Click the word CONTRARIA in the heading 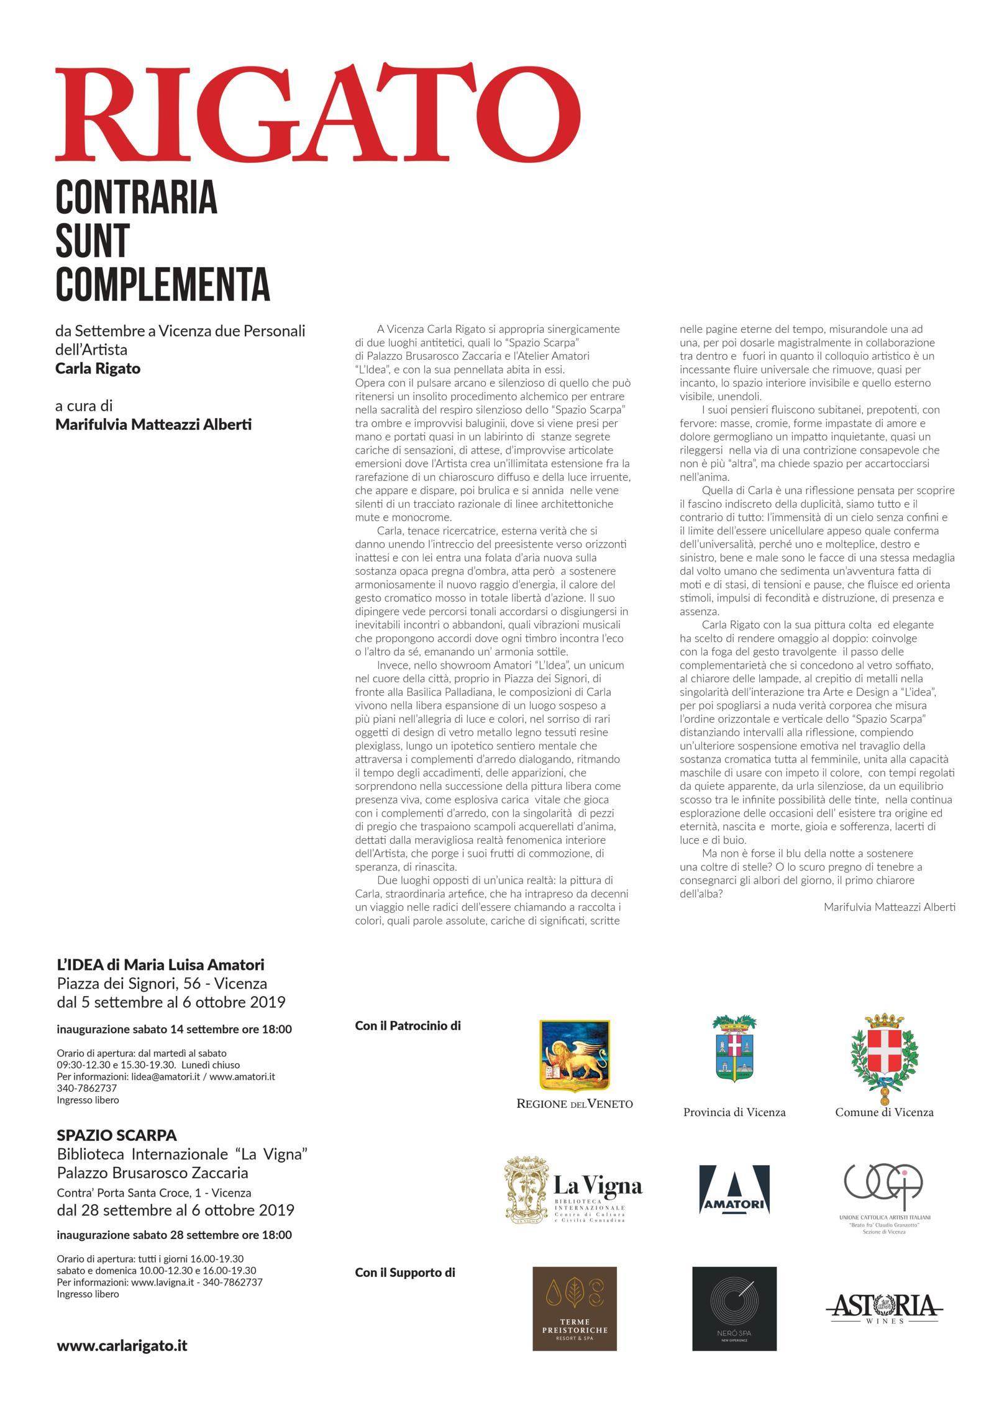[136, 196]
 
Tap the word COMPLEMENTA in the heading [163, 284]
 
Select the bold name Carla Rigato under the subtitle [98, 368]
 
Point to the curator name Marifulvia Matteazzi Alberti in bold [153, 425]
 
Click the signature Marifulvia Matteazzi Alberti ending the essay [889, 907]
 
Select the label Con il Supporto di [405, 1273]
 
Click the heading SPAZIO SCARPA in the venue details [117, 1135]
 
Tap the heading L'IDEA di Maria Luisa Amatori [160, 965]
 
